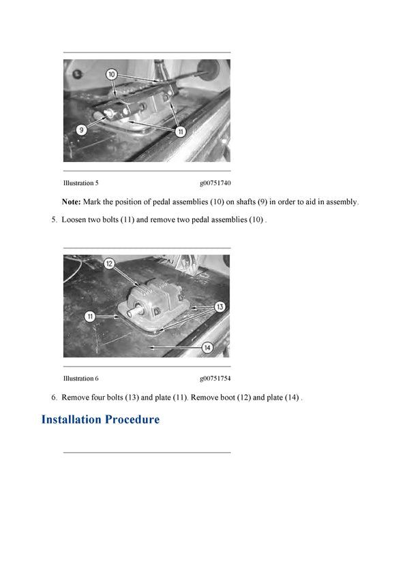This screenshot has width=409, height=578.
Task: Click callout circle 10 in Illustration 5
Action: [112, 74]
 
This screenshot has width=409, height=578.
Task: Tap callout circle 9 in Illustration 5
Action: [81, 129]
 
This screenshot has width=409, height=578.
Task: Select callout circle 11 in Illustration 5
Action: [181, 132]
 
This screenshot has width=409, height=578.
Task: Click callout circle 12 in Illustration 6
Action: [109, 263]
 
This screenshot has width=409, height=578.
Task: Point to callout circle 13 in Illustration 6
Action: [219, 307]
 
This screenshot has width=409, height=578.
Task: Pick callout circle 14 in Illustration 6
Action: [207, 348]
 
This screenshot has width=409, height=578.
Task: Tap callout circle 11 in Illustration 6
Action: [90, 317]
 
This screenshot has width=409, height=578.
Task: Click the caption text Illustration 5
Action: [81, 183]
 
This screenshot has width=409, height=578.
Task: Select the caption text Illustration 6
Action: [81, 379]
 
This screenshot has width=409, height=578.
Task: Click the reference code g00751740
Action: [215, 183]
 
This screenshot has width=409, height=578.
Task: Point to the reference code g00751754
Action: [215, 379]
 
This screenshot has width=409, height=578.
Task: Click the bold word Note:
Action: [71, 202]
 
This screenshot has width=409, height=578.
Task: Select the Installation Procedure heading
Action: [100, 419]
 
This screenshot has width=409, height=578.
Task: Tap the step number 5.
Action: [53, 220]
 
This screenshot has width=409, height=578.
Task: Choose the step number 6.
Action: [53, 398]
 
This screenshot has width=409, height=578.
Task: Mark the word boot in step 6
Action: [227, 398]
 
